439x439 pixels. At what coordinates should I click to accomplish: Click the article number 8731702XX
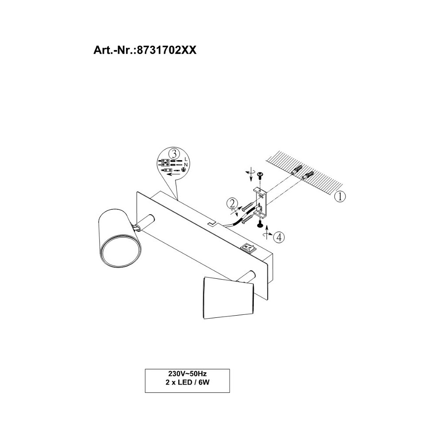coord(144,50)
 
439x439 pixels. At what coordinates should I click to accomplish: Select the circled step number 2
coord(232,204)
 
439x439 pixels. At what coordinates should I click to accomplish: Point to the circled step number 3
coord(174,154)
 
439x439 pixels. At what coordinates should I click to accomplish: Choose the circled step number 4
coord(278,237)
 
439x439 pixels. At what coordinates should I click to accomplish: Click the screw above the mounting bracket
coord(259,175)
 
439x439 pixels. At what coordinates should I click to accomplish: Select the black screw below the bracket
coord(259,225)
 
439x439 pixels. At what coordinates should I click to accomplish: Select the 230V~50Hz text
coord(187,374)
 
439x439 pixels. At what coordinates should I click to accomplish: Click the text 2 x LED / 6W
coord(187,382)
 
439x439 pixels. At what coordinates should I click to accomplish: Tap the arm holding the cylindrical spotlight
coord(146,222)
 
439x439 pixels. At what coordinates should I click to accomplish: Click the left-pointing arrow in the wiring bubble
coord(169,174)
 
